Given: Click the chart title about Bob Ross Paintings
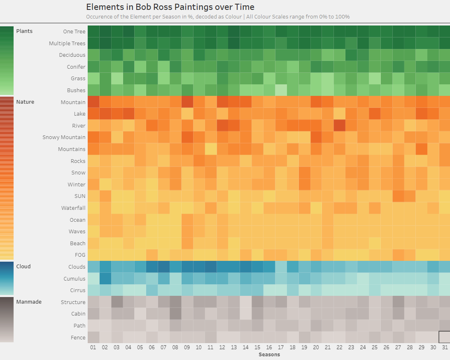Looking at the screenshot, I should [x=170, y=7].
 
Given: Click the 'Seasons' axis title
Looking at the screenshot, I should [x=269, y=354].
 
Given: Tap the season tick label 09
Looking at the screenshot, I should [x=187, y=348].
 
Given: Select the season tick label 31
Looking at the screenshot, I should [x=445, y=348].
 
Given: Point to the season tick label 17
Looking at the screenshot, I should [x=281, y=348].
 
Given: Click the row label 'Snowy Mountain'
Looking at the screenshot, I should [x=64, y=137].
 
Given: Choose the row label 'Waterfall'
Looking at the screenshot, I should [x=73, y=208].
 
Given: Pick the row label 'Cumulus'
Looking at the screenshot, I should [x=75, y=279].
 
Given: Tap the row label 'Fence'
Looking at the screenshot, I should [x=78, y=338].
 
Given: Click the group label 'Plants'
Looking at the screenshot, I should [x=24, y=31].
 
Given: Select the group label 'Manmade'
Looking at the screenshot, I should [x=29, y=302].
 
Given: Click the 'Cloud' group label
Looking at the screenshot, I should [x=23, y=267].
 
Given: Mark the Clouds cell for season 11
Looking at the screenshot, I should [x=210, y=267].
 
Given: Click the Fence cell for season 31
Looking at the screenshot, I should [x=445, y=337].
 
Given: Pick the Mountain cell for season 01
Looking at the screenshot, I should [x=93, y=102].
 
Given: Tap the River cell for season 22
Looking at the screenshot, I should [x=339, y=125].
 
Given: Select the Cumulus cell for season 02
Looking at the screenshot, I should [x=105, y=279].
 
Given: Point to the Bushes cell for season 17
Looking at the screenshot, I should [x=281, y=90].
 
